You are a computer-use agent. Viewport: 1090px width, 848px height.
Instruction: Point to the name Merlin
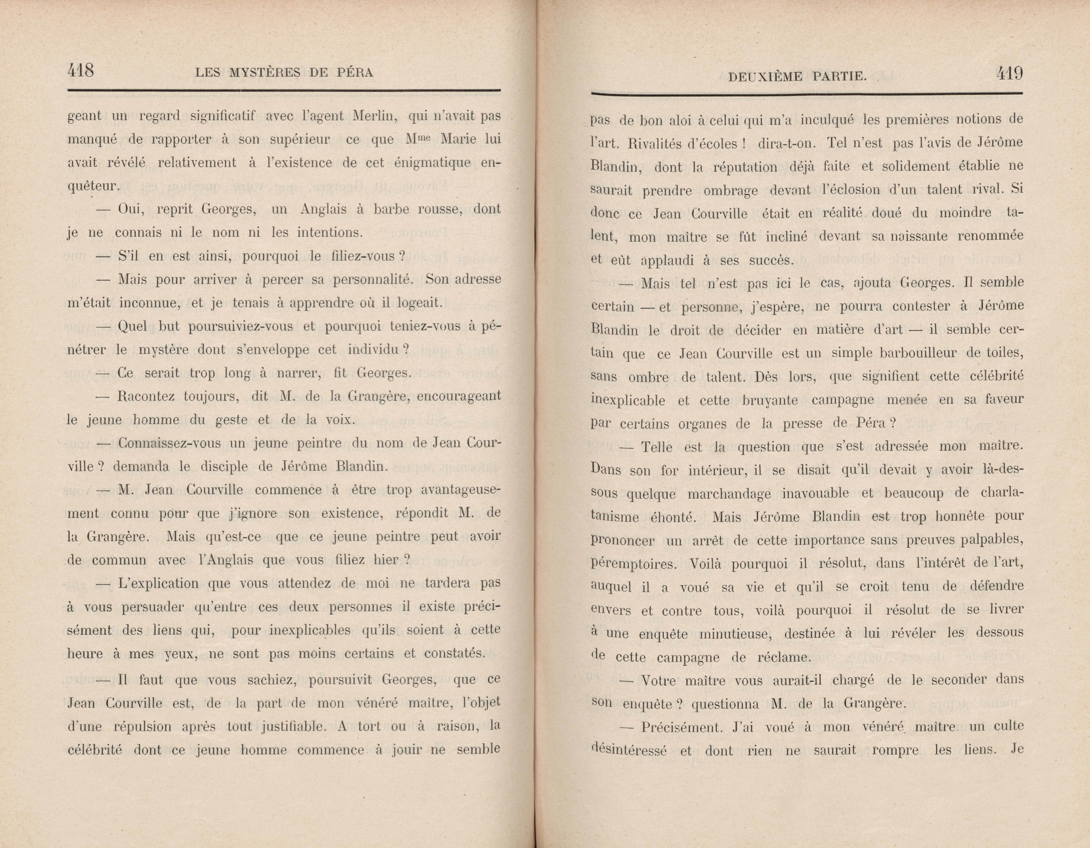[x=374, y=116]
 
